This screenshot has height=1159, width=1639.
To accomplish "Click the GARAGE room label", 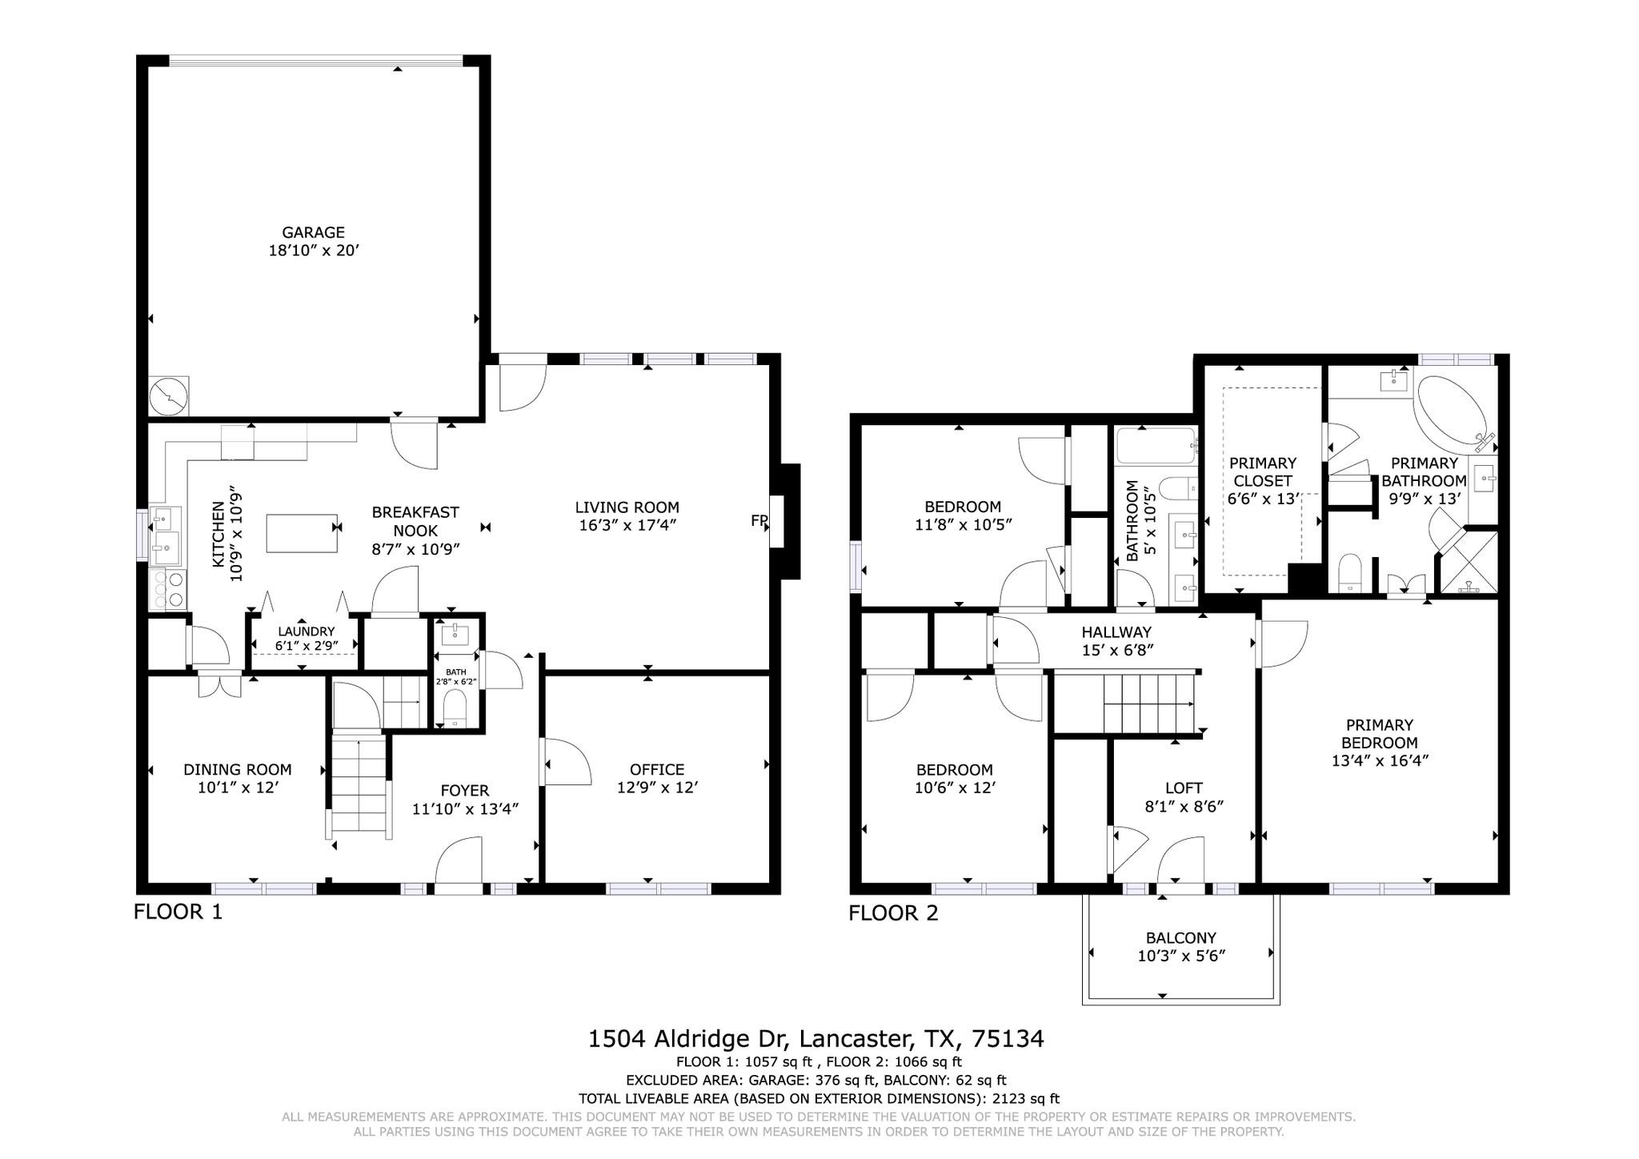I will tap(313, 232).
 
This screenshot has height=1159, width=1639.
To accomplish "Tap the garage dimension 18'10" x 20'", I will tap(313, 251).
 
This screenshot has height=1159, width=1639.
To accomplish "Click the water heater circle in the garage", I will tap(169, 395).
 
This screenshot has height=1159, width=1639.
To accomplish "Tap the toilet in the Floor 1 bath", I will tap(455, 709).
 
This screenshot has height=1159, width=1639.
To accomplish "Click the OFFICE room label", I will tap(656, 769).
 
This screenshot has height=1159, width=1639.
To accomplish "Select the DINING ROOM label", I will tap(237, 769).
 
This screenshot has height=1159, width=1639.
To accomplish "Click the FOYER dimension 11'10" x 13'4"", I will tap(465, 809).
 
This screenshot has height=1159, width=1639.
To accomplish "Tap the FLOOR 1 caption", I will tap(178, 912).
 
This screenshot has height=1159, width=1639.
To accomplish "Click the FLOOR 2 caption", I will tap(893, 913).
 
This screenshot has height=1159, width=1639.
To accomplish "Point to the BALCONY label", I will tap(1180, 937).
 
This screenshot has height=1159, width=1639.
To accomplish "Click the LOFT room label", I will tap(1183, 788).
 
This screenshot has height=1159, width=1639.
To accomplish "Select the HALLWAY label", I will tap(1116, 632).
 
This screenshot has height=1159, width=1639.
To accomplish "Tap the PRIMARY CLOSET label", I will tap(1262, 471).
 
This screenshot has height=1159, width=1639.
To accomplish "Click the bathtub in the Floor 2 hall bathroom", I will tap(1154, 447).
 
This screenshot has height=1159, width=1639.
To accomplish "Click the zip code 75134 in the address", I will tap(1008, 1039).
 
